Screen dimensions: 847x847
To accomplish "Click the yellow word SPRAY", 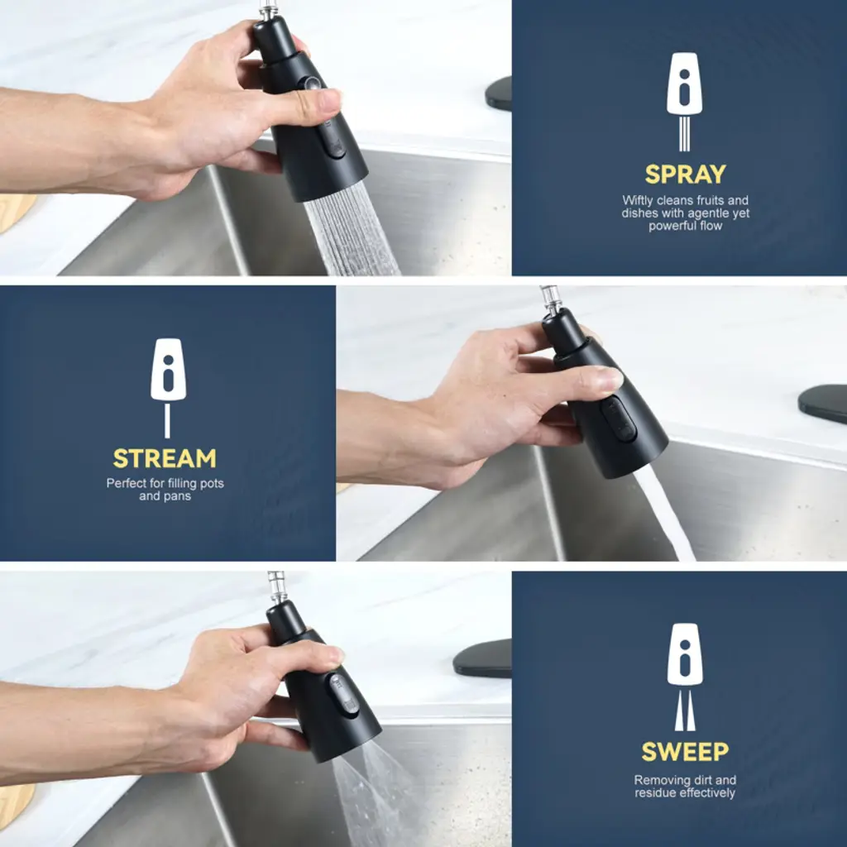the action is [x=685, y=174].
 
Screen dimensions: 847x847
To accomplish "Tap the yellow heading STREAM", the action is [x=165, y=458].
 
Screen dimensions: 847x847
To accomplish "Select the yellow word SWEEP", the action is [x=685, y=751].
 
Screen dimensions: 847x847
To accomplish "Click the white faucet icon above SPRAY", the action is [x=684, y=102].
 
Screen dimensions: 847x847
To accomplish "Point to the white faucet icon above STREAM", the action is [x=168, y=387].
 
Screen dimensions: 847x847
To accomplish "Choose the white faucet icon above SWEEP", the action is [x=685, y=677].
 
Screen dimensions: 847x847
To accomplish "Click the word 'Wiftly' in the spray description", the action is [x=637, y=200].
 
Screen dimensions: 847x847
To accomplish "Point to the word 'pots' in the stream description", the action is [x=213, y=483].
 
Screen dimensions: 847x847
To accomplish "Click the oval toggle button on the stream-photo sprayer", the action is [x=619, y=419].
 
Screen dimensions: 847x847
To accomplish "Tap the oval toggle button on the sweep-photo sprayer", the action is [x=344, y=695].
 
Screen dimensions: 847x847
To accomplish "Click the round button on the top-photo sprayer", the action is [x=312, y=84].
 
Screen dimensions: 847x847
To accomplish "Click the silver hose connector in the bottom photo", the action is [x=276, y=588].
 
